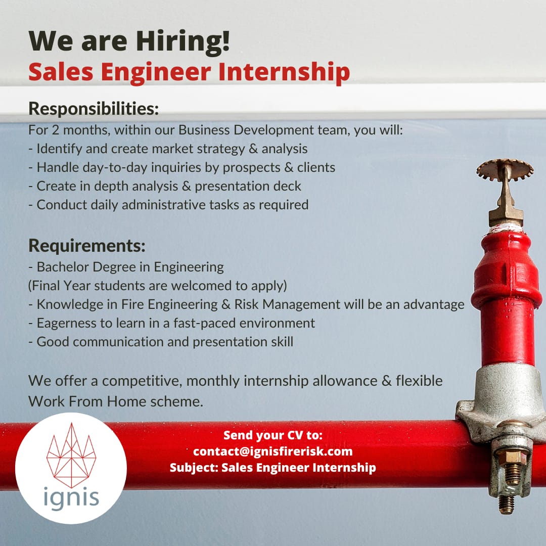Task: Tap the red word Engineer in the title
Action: coord(156,72)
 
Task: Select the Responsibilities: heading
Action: coord(94,108)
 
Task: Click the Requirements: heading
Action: coord(87,246)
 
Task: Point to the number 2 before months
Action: coord(56,130)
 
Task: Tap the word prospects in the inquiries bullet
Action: coord(251,168)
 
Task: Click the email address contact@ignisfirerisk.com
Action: coord(273,451)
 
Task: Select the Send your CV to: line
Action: coord(273,435)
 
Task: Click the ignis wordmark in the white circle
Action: coord(71,498)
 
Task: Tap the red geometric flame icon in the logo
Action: coord(71,455)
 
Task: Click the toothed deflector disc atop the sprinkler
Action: coord(505,169)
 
